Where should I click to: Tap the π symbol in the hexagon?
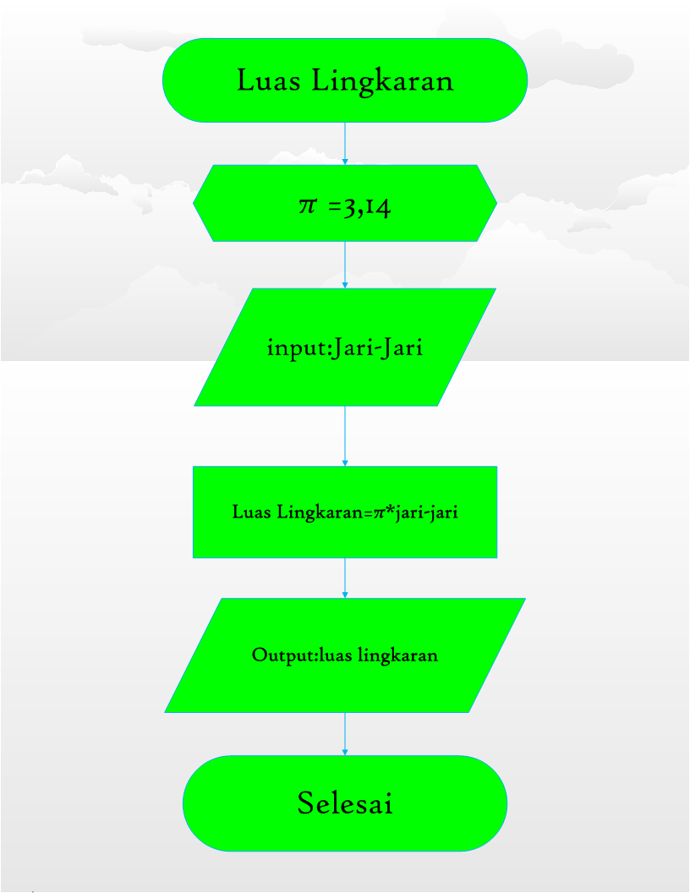click(x=306, y=205)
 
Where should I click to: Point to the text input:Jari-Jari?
click(x=344, y=348)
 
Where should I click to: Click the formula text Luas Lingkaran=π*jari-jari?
click(x=345, y=512)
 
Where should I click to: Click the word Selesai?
click(x=345, y=803)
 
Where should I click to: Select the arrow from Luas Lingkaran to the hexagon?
click(x=345, y=143)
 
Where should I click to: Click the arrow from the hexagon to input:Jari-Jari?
click(x=345, y=265)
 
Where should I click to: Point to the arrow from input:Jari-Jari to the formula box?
click(x=345, y=436)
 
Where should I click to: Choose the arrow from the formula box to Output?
click(x=345, y=578)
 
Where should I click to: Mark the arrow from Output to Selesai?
click(x=345, y=733)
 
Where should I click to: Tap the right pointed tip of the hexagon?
click(x=496, y=203)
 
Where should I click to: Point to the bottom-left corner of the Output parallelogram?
click(x=167, y=711)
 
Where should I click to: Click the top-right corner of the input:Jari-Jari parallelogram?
click(x=494, y=289)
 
